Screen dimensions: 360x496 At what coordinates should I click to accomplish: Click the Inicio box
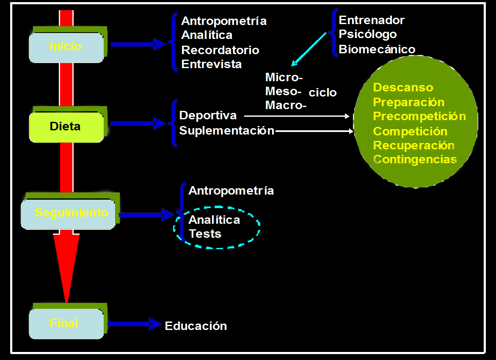point(66,47)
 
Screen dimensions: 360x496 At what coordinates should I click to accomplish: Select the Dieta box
point(66,126)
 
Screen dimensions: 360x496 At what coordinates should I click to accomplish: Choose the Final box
point(66,324)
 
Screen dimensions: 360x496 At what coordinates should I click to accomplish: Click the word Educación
point(196,326)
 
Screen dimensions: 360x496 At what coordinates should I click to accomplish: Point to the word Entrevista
point(212,64)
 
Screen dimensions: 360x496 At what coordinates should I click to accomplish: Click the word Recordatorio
point(220,50)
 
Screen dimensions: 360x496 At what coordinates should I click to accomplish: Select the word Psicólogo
point(368,34)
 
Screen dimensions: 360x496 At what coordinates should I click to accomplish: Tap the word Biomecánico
point(377,49)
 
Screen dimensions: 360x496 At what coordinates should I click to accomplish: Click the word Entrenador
point(372,20)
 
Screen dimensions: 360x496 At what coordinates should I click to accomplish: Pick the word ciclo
point(323,93)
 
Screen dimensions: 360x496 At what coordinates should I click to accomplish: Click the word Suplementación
point(227,131)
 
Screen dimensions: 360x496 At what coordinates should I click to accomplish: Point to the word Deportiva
point(208,115)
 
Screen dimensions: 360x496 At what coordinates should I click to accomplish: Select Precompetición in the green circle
point(419,116)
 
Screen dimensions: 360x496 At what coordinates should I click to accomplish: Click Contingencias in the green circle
point(416,159)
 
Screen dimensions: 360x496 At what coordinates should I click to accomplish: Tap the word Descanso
point(403,88)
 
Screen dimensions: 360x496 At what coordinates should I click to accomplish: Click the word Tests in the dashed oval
point(205,234)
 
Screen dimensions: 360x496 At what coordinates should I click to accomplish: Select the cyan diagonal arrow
point(309,49)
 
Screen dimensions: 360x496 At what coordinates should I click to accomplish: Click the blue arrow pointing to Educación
point(135,324)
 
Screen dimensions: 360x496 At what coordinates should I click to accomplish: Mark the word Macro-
point(286,106)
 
